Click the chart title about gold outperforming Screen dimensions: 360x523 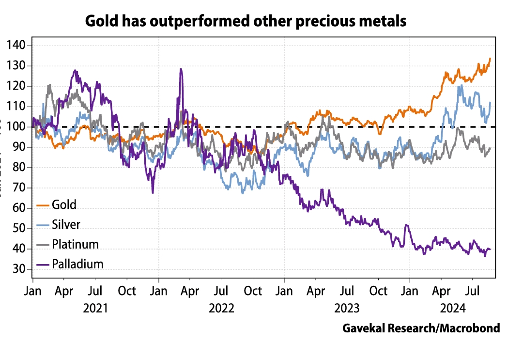point(246,21)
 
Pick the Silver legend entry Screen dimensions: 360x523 point(66,224)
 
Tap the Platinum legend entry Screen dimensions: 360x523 point(75,244)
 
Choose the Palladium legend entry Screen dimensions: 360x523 point(77,264)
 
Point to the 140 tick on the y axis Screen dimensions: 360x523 point(18,46)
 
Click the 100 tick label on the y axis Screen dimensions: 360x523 point(18,127)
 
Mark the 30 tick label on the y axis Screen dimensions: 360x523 point(21,269)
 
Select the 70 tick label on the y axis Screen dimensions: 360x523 point(21,188)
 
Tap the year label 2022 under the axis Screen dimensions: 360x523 point(221,309)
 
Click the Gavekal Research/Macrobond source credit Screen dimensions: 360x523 point(421,328)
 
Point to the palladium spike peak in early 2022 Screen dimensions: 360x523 point(181,69)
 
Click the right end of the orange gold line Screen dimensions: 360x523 point(490,59)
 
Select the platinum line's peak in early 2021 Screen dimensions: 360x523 point(49,85)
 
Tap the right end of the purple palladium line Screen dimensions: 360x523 point(490,249)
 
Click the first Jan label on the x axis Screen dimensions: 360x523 point(32,291)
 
